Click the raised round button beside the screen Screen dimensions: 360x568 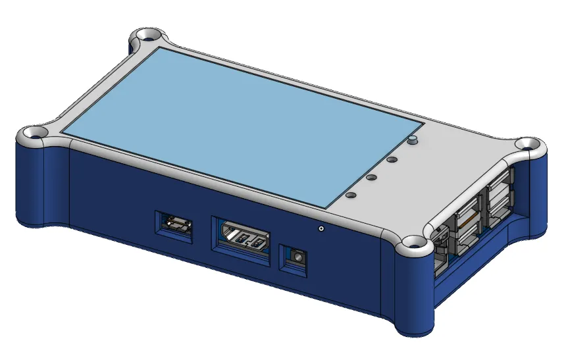[413, 140]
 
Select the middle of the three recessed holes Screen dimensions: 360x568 [371, 177]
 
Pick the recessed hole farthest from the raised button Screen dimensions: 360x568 [350, 195]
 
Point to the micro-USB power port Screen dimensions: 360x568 [175, 226]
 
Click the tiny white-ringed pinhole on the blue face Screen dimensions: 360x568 [321, 229]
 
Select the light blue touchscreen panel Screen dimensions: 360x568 [237, 125]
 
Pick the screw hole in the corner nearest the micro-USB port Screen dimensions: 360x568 [34, 132]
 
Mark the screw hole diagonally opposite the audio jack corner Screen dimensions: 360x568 [148, 34]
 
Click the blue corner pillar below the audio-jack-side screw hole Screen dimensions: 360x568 [415, 296]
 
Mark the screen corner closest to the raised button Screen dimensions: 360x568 [422, 122]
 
